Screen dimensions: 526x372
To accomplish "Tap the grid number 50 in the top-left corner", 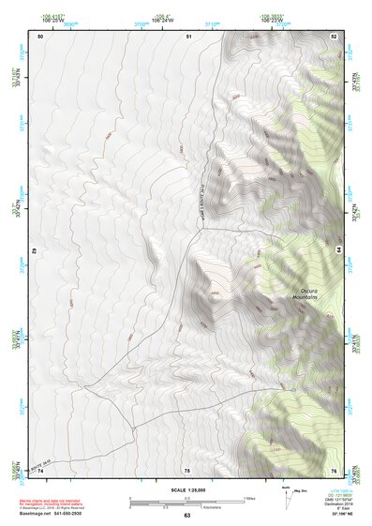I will click(x=40, y=36).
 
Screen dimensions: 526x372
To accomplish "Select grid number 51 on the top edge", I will click(x=188, y=36).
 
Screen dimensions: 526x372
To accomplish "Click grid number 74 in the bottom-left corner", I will click(x=40, y=469).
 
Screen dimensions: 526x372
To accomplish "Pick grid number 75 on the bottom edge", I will click(x=186, y=469).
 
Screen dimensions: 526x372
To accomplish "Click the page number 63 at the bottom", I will click(x=186, y=516).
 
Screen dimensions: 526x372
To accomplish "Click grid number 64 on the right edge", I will click(x=337, y=251).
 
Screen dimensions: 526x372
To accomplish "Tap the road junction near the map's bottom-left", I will click(x=132, y=428).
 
